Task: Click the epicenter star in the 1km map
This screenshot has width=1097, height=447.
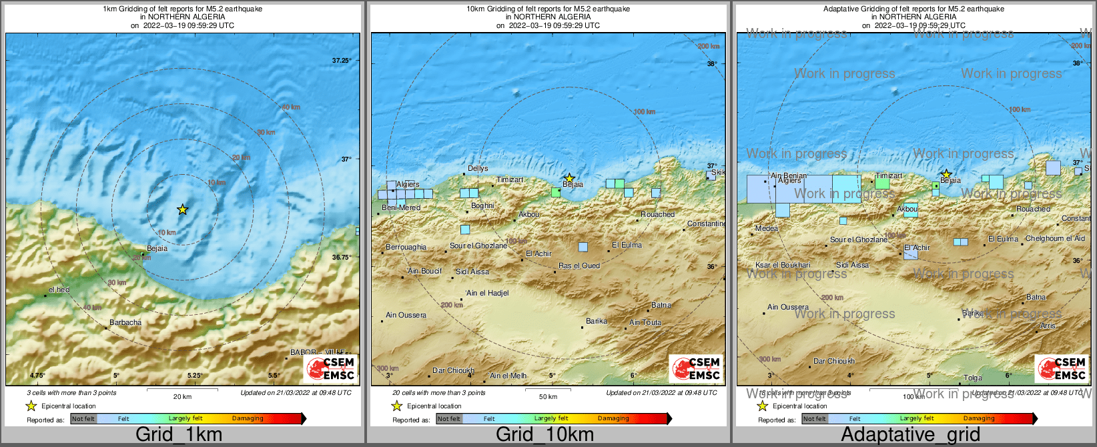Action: [182, 209]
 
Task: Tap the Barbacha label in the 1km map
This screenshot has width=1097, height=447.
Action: [125, 322]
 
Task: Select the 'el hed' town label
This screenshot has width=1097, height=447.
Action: [59, 290]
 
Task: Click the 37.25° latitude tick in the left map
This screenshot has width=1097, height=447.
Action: [342, 61]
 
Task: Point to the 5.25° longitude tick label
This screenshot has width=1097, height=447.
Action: [195, 376]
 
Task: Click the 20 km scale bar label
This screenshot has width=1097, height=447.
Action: [182, 397]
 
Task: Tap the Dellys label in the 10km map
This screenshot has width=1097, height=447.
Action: [478, 169]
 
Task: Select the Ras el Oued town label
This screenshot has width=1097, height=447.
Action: [579, 266]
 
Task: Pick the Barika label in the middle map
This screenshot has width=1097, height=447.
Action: [597, 321]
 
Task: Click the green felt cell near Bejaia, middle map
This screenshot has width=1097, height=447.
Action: [556, 192]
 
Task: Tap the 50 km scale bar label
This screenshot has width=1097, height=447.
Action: [548, 397]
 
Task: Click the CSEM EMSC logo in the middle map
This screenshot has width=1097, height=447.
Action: [697, 369]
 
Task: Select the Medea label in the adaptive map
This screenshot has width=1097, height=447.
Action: [767, 228]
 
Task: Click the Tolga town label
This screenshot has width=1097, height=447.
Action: [973, 378]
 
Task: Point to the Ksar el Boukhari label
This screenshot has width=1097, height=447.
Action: [783, 265]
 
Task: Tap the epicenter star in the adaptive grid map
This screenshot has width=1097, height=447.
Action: [946, 174]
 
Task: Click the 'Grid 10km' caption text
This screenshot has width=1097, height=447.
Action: [544, 435]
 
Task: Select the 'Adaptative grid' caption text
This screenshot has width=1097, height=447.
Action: [910, 435]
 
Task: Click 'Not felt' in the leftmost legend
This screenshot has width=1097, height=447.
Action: [83, 419]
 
